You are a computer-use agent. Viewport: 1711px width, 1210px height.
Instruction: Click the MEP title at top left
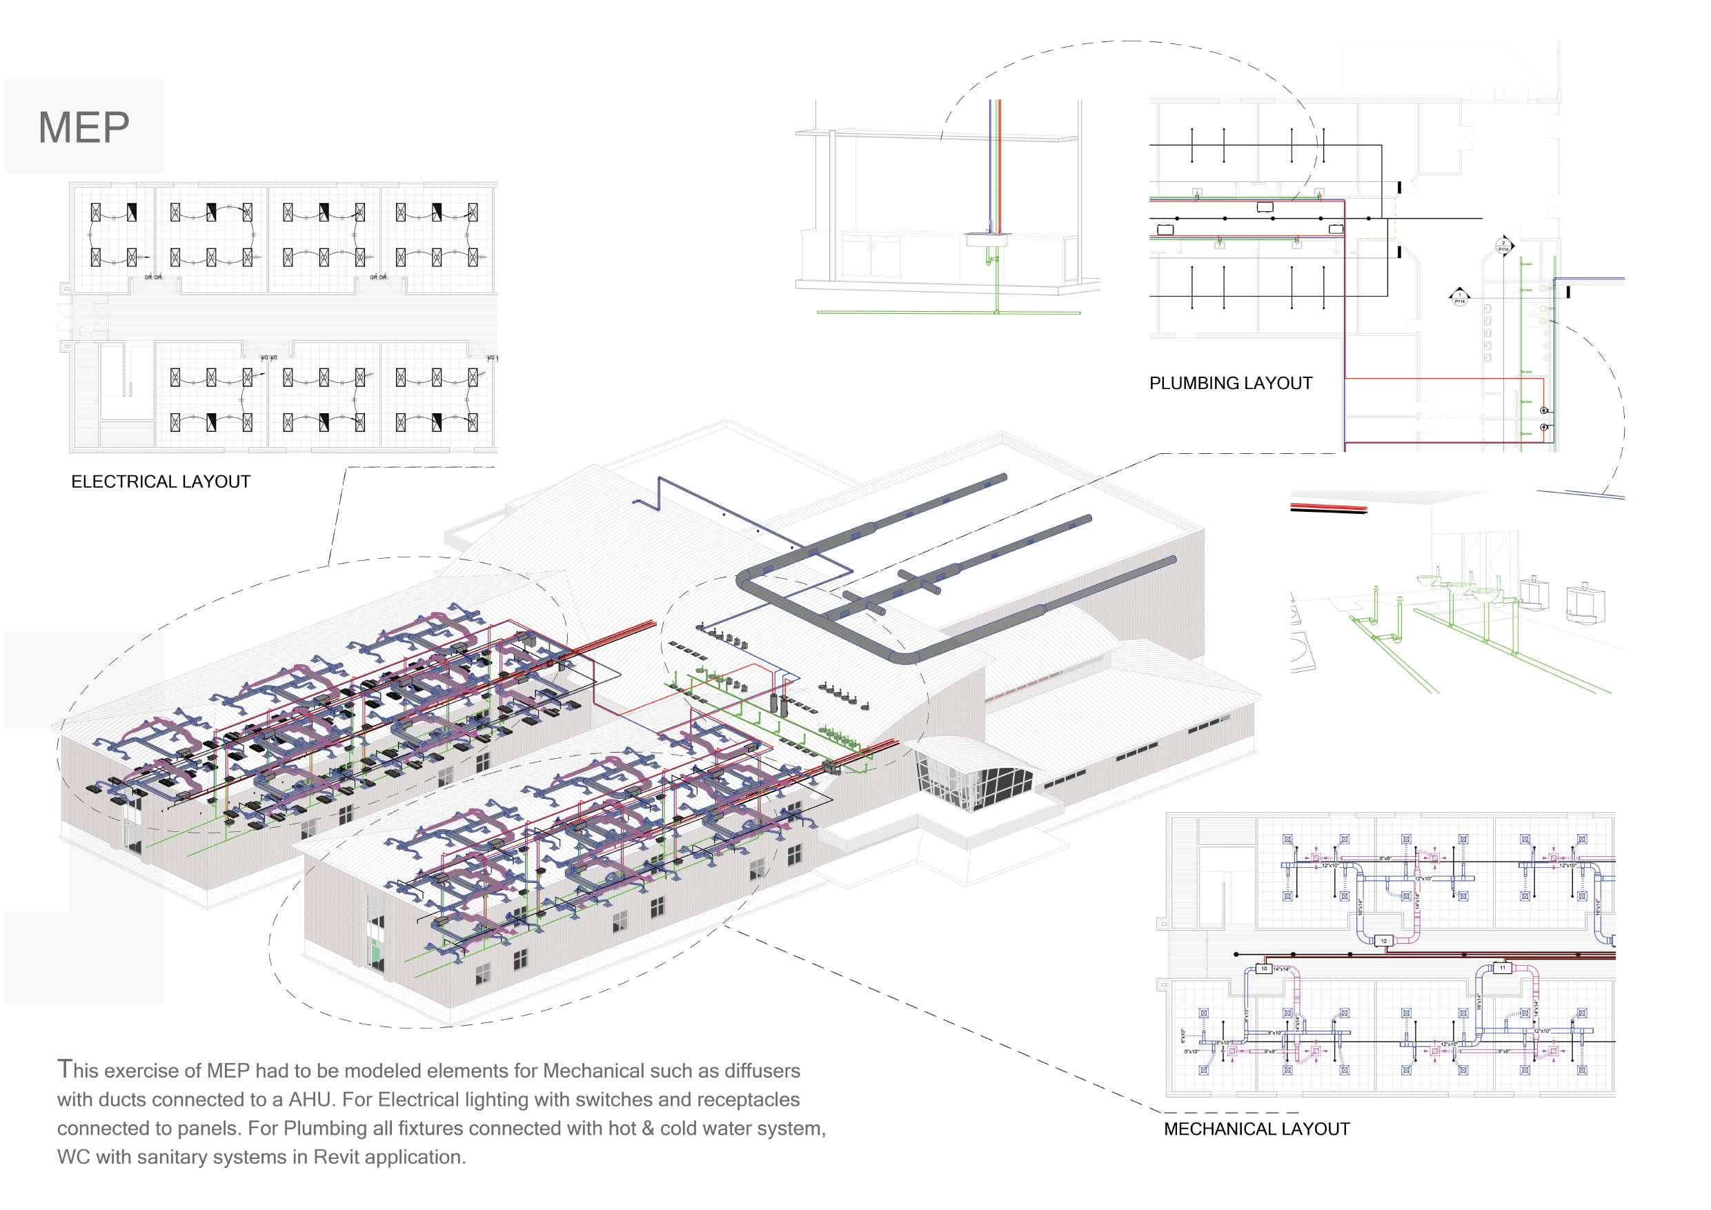coord(83,128)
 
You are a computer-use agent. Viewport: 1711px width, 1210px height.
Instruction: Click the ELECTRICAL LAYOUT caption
coord(160,482)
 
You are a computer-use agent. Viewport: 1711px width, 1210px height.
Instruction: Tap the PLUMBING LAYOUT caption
coord(1230,384)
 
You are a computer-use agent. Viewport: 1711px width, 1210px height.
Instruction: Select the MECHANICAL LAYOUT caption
coord(1256,1129)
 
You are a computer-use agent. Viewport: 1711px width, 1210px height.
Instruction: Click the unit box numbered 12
coord(1384,941)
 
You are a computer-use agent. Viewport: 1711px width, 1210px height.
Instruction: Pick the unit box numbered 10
coord(1263,969)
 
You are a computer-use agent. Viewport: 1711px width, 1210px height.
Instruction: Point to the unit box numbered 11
coord(1503,969)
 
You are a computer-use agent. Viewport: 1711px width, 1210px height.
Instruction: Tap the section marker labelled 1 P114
coord(1459,298)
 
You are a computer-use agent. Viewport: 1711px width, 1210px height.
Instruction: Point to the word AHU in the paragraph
coord(299,1100)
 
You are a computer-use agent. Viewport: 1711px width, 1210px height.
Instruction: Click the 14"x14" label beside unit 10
coord(1281,969)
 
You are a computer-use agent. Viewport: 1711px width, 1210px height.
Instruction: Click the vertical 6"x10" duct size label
coord(1183,1035)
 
